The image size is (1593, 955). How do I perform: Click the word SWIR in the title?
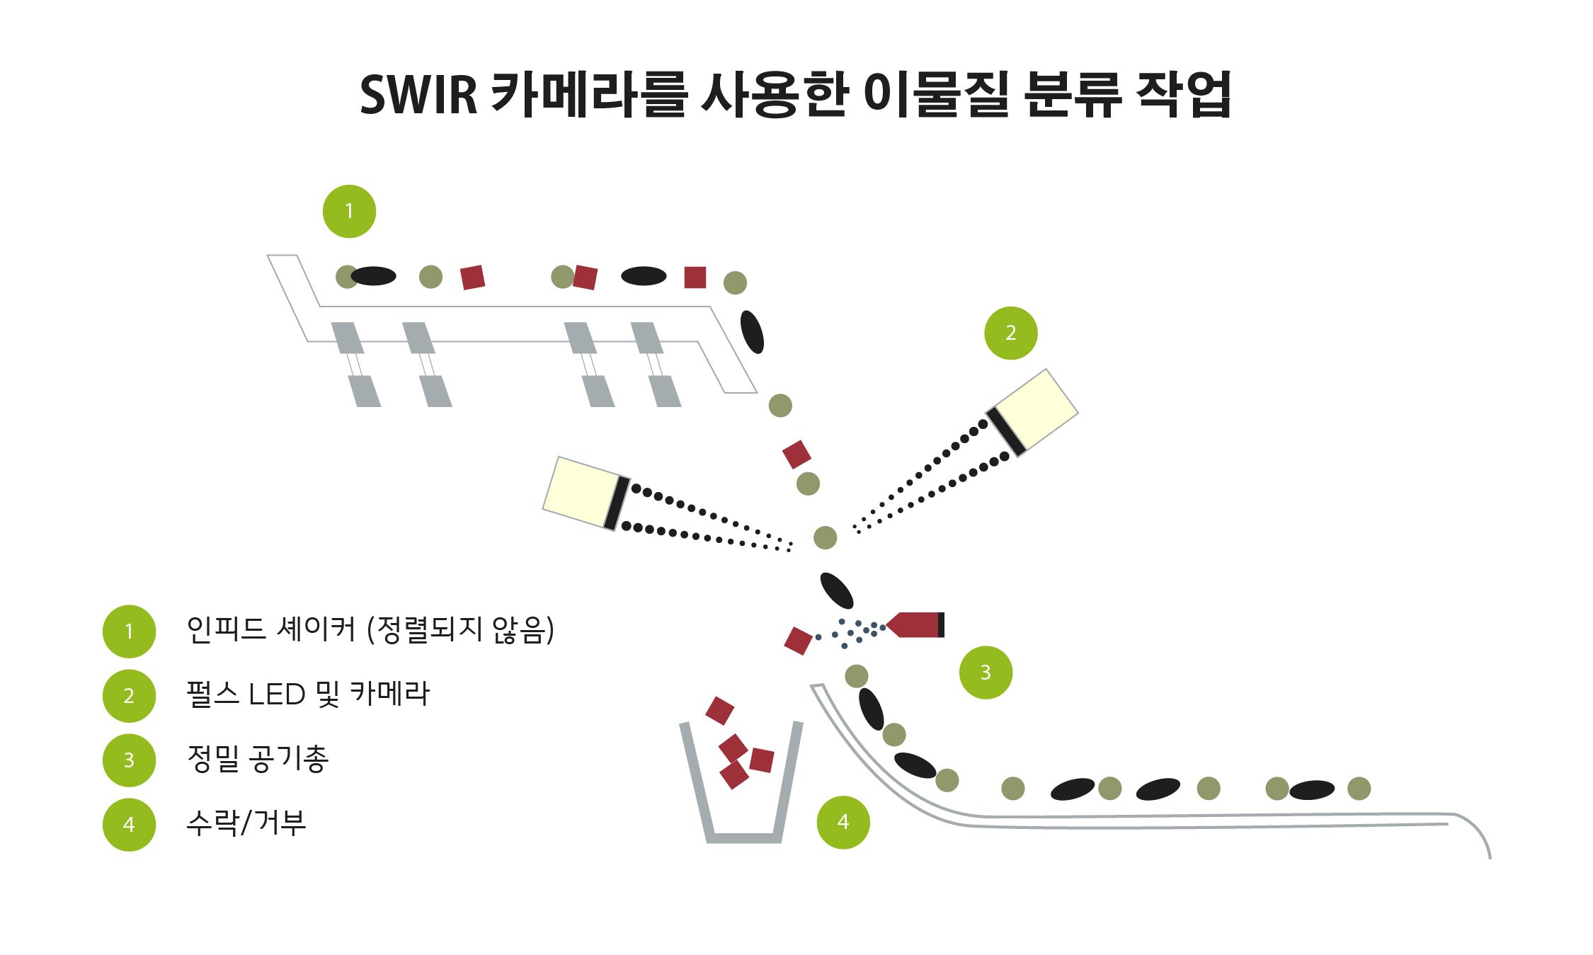418,95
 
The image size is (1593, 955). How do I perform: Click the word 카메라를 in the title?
588,95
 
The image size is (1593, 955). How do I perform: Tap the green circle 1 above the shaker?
349,211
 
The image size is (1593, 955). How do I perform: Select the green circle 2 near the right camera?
1010,333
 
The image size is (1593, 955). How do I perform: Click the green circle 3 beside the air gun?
986,673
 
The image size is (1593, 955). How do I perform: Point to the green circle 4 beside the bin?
843,822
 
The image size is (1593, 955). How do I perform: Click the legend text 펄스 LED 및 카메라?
308,694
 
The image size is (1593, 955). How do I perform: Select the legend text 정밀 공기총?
258,760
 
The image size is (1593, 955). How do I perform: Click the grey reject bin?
742,814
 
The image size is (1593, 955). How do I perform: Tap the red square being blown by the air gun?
798,641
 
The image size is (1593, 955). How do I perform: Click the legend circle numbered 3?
129,760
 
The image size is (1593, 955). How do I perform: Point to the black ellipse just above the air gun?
837,590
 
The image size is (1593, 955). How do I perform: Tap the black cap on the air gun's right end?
941,624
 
